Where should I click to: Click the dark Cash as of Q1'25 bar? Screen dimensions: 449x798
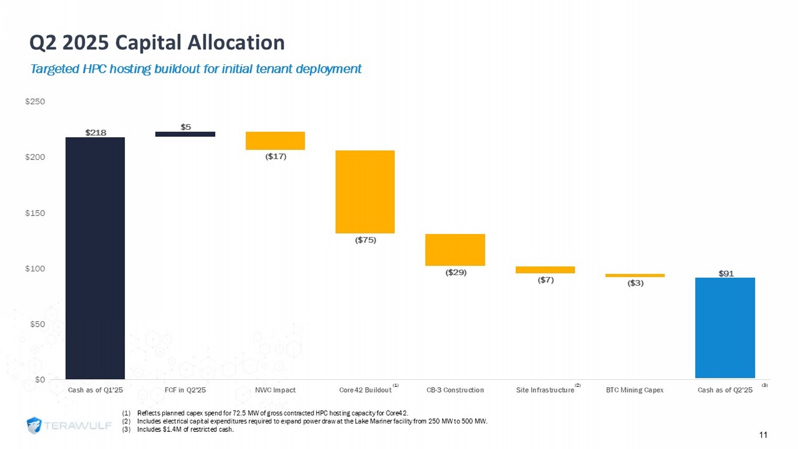(95, 258)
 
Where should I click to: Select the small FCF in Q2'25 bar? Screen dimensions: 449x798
(185, 134)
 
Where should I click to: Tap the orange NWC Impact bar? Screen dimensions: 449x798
(275, 140)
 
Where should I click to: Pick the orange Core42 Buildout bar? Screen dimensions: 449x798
(365, 192)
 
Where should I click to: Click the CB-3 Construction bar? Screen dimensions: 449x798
(455, 250)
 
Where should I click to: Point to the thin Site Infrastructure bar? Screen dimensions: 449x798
(545, 270)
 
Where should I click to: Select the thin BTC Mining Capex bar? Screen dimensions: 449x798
(635, 276)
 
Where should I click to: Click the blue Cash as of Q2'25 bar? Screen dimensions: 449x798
(725, 328)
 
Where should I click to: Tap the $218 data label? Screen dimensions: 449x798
(96, 132)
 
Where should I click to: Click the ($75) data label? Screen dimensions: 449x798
(365, 240)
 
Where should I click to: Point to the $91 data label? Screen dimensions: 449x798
(726, 273)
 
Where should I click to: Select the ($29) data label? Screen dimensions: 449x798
(456, 272)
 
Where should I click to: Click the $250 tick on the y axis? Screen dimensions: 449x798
(35, 102)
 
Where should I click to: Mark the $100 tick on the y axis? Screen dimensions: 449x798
(35, 269)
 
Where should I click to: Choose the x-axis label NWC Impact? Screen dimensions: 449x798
(275, 390)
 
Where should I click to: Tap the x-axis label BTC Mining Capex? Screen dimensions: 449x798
(635, 390)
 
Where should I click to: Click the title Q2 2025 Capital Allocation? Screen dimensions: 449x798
(157, 43)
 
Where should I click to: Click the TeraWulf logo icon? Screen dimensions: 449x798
(34, 426)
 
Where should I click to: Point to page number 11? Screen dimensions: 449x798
(763, 435)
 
